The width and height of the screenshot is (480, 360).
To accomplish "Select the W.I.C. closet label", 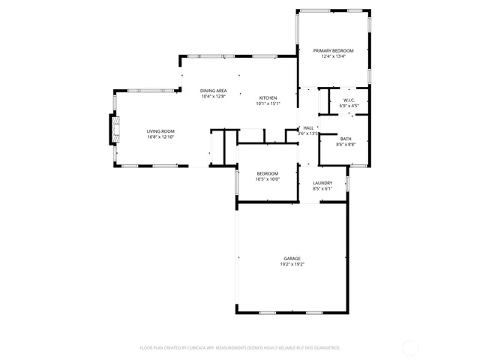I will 349,100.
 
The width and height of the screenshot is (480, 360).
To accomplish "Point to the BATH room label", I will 345,138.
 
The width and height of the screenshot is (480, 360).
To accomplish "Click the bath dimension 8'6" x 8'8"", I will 345,144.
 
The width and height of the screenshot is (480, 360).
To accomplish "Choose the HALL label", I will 308,128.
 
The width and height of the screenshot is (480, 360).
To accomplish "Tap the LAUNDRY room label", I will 322,183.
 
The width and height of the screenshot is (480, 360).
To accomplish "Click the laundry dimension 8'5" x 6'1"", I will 322,189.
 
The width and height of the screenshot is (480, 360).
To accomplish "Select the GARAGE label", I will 292,258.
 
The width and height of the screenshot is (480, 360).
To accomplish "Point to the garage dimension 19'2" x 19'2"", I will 292,264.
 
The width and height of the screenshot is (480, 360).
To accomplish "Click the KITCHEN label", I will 268,98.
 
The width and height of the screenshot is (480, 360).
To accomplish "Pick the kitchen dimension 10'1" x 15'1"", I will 268,104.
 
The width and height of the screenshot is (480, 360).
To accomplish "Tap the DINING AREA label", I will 213,91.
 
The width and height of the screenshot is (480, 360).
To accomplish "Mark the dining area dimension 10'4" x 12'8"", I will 213,97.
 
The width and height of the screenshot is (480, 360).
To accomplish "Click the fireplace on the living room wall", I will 115,130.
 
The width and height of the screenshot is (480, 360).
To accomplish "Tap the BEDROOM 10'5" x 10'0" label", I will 267,176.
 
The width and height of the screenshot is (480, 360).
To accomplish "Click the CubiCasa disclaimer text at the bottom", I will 240,348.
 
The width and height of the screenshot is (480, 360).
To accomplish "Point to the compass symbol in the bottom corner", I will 411,347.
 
